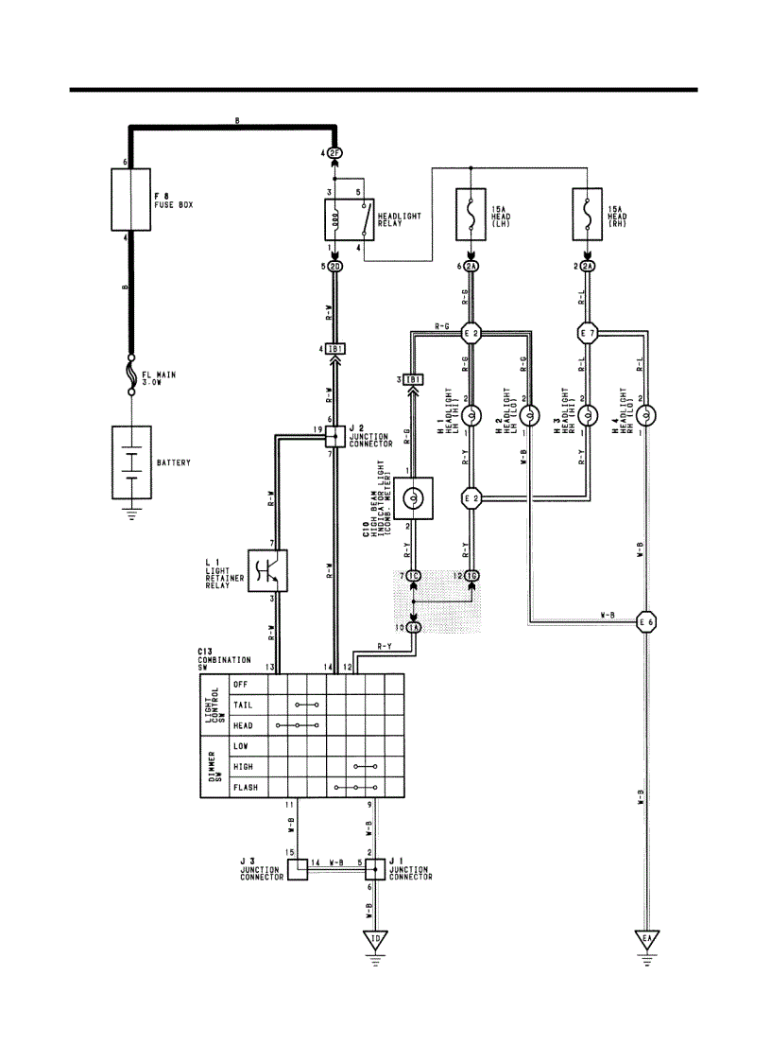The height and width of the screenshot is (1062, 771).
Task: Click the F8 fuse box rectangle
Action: (x=130, y=200)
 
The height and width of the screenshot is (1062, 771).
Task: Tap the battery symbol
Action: (x=131, y=464)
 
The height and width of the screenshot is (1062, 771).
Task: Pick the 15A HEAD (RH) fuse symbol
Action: (x=588, y=213)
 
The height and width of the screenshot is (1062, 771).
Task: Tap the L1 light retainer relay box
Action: (x=267, y=570)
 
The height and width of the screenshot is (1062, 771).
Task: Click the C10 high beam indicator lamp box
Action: (x=414, y=497)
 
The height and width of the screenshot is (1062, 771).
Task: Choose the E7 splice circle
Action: (x=588, y=333)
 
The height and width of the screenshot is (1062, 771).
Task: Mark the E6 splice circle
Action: (x=646, y=621)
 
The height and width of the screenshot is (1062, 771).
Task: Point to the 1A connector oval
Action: (x=414, y=627)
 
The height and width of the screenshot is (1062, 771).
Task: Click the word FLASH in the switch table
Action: (x=246, y=787)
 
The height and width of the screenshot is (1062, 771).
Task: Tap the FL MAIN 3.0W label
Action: (x=160, y=378)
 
